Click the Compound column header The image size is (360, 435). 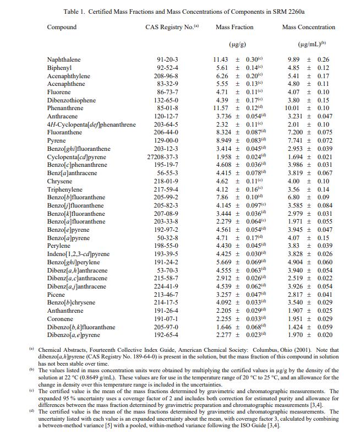(62, 27)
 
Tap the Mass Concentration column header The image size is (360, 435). (308, 27)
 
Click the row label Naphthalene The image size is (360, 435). (64, 59)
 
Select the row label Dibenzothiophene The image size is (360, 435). (72, 100)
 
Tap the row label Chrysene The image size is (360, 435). (59, 181)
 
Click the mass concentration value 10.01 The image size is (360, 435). (292, 108)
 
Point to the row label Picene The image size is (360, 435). (56, 295)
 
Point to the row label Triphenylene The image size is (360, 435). (65, 189)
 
